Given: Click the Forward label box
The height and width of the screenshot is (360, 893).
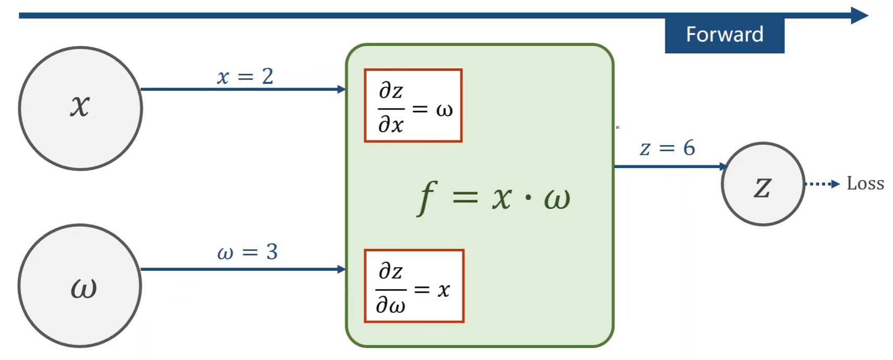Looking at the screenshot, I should [724, 35].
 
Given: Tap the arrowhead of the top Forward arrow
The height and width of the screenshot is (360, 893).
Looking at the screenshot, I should [859, 15].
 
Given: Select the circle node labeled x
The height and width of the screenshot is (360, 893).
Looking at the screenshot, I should [80, 109].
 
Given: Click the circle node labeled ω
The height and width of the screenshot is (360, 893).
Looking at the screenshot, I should [80, 286].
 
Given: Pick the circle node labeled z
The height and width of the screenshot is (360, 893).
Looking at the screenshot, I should [763, 184].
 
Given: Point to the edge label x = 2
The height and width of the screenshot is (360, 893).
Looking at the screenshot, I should [245, 77].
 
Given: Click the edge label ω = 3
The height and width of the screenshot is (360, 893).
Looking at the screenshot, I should [247, 253].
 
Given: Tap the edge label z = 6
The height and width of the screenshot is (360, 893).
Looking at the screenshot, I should [668, 148].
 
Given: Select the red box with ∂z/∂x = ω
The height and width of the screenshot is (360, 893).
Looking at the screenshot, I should [413, 105].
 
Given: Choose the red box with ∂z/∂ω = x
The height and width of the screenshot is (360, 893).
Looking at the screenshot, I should [414, 286].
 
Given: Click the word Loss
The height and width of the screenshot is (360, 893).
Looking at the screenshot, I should [865, 184].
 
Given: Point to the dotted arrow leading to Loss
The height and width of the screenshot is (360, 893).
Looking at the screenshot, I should [822, 184].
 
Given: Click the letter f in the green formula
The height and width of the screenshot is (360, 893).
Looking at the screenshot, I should [426, 197].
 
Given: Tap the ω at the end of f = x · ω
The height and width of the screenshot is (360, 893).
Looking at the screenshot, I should [557, 198].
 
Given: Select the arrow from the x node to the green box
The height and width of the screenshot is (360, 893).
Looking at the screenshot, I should [243, 89].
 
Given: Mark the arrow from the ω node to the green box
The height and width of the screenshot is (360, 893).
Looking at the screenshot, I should [243, 269].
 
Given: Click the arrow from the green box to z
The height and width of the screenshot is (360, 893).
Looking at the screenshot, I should [670, 166].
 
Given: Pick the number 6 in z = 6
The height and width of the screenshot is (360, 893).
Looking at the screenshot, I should [689, 148].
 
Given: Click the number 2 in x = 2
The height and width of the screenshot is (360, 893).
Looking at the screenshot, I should [268, 77].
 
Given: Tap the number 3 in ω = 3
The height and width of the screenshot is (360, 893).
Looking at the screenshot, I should [272, 253].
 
